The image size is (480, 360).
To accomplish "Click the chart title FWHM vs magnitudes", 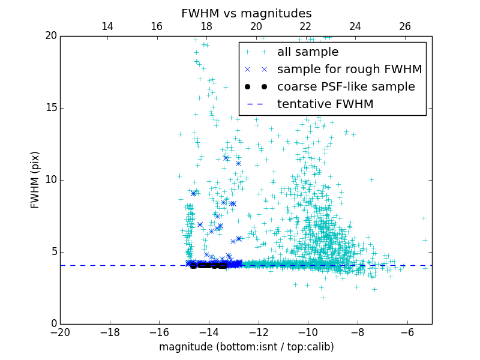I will tap(246, 13).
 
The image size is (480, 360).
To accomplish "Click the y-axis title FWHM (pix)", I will tap(35, 179).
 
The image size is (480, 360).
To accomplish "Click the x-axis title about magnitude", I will tap(246, 347).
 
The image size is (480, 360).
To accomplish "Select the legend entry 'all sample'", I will tap(308, 52).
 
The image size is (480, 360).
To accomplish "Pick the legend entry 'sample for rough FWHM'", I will tap(349, 70).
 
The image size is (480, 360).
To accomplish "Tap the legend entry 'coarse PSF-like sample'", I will tap(346, 87).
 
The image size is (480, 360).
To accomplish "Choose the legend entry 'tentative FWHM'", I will tap(325, 104).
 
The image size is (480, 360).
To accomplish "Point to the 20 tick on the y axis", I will tap(50, 36).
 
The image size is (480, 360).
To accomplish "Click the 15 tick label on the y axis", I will tap(50, 108).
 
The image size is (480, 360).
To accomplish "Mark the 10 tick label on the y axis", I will tap(50, 180).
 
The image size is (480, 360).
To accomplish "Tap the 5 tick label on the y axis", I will tap(53, 252).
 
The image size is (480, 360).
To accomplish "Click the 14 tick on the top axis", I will tap(107, 26).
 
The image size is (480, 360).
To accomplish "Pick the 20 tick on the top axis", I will tap(256, 26).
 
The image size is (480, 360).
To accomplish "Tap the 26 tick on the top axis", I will tap(405, 26).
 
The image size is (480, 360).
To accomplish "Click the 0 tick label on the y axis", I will tap(53, 324).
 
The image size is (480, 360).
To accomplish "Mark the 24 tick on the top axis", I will tap(355, 26).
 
